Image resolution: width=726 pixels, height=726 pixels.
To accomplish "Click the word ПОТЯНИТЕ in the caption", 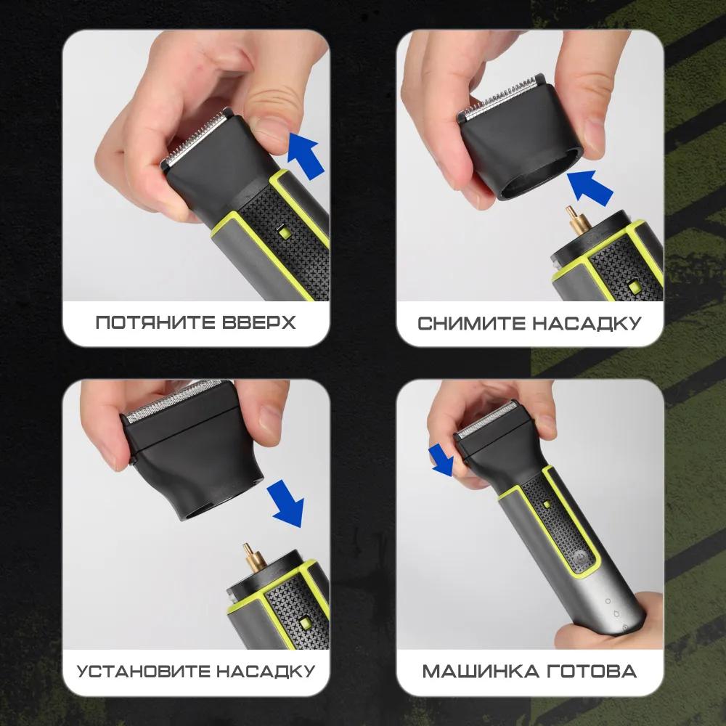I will (152, 322).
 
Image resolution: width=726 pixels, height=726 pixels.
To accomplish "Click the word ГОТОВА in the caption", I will (592, 670).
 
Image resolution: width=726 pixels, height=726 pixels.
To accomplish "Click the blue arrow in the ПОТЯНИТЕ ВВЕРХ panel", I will (304, 153).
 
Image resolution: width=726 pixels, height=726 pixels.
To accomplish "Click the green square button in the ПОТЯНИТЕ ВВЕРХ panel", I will (283, 232).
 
